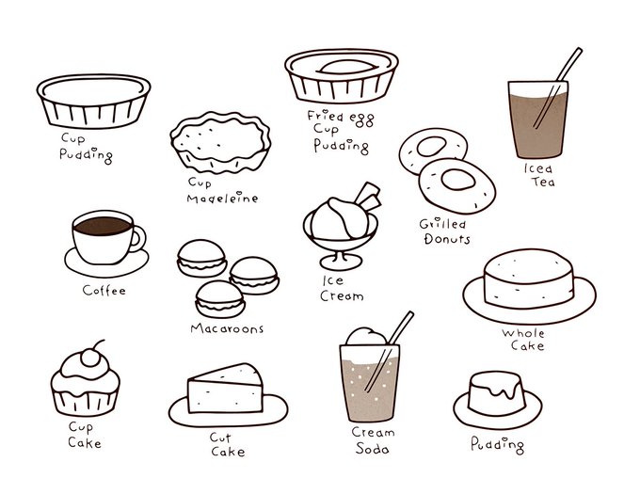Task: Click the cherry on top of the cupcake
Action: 89,358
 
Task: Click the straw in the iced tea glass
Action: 557,88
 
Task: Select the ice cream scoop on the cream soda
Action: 366,337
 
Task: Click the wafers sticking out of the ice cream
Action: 369,196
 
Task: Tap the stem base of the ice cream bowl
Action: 341,261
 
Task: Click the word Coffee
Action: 104,290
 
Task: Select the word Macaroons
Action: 227,328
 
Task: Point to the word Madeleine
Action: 222,198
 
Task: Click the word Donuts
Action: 447,239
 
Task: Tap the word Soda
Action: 373,448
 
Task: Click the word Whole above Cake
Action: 523,333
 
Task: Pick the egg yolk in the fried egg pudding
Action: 346,68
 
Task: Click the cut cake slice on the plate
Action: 225,389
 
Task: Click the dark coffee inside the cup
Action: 103,226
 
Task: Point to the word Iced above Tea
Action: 538,167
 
